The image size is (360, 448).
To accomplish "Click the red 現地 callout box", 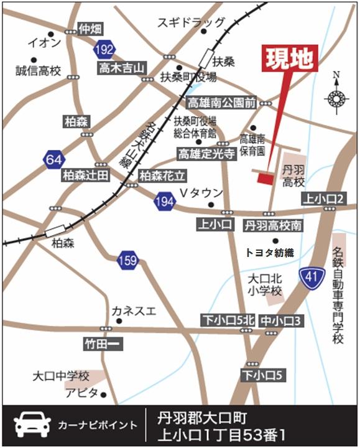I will coord(291,59).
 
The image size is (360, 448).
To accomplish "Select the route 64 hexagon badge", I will coord(53,160).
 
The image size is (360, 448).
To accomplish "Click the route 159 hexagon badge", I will coord(127,261).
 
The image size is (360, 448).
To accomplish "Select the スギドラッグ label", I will coord(191,23).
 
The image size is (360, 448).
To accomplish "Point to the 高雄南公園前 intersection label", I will coord(222,103).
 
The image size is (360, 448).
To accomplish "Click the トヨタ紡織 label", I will coord(270,252).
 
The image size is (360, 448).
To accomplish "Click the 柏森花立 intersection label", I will coord(162,175).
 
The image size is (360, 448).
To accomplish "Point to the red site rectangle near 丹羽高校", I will coord(265,179).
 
